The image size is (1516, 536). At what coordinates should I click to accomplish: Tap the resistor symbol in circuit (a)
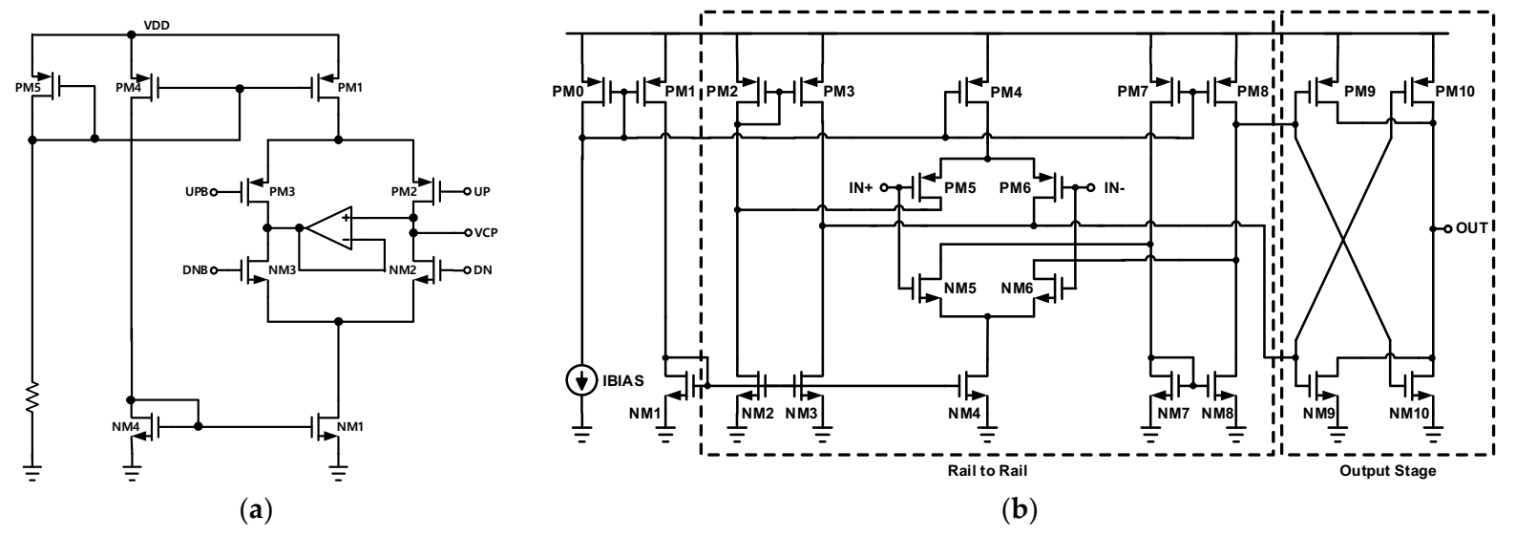click(x=33, y=397)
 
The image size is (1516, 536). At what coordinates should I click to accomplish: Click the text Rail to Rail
click(x=987, y=471)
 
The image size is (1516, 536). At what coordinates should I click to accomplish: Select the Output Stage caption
click(x=1387, y=471)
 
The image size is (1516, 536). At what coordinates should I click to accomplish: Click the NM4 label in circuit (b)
click(x=962, y=413)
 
